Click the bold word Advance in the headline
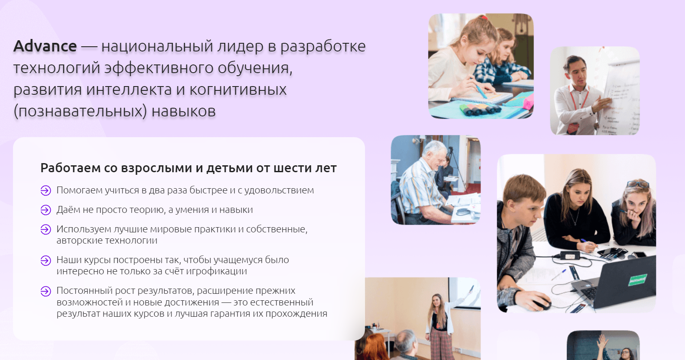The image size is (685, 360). coord(45,46)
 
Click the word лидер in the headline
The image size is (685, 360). coord(239,47)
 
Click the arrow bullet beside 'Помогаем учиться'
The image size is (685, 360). coord(45,191)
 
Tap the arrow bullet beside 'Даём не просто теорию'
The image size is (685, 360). coord(45,210)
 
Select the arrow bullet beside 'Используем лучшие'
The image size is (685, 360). coord(45,229)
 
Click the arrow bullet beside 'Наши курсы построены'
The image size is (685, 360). coord(45,260)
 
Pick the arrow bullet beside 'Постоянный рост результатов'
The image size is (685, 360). coord(45,291)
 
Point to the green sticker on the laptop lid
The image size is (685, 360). coord(638,280)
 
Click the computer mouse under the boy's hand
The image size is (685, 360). coord(541,304)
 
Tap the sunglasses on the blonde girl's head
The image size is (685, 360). coord(638,184)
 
